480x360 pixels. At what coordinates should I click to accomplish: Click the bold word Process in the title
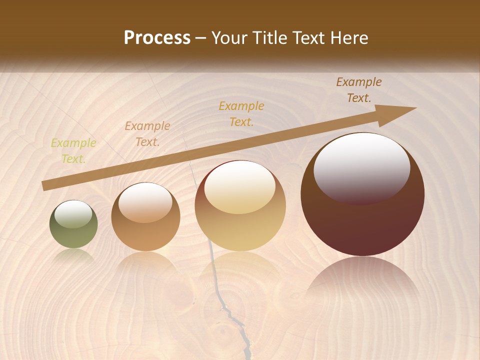pyautogui.click(x=157, y=37)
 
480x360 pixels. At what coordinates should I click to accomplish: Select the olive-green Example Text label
pyautogui.click(x=73, y=151)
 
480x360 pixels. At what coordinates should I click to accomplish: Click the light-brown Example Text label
pyautogui.click(x=147, y=134)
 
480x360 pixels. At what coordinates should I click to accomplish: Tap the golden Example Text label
pyautogui.click(x=241, y=113)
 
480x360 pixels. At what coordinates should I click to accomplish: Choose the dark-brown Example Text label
pyautogui.click(x=358, y=90)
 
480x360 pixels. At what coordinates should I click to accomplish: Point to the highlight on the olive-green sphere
pyautogui.click(x=73, y=214)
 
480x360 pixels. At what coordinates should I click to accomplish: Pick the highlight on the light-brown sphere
pyautogui.click(x=145, y=201)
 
